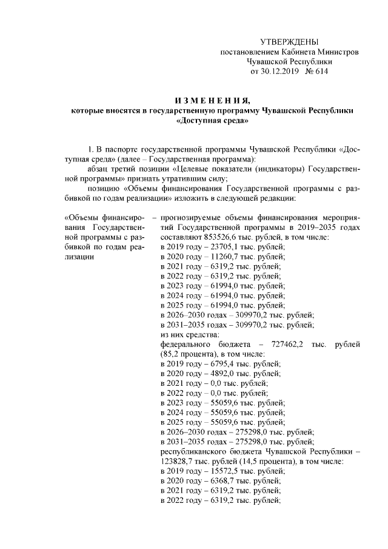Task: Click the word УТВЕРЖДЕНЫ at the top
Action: pos(289,42)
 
